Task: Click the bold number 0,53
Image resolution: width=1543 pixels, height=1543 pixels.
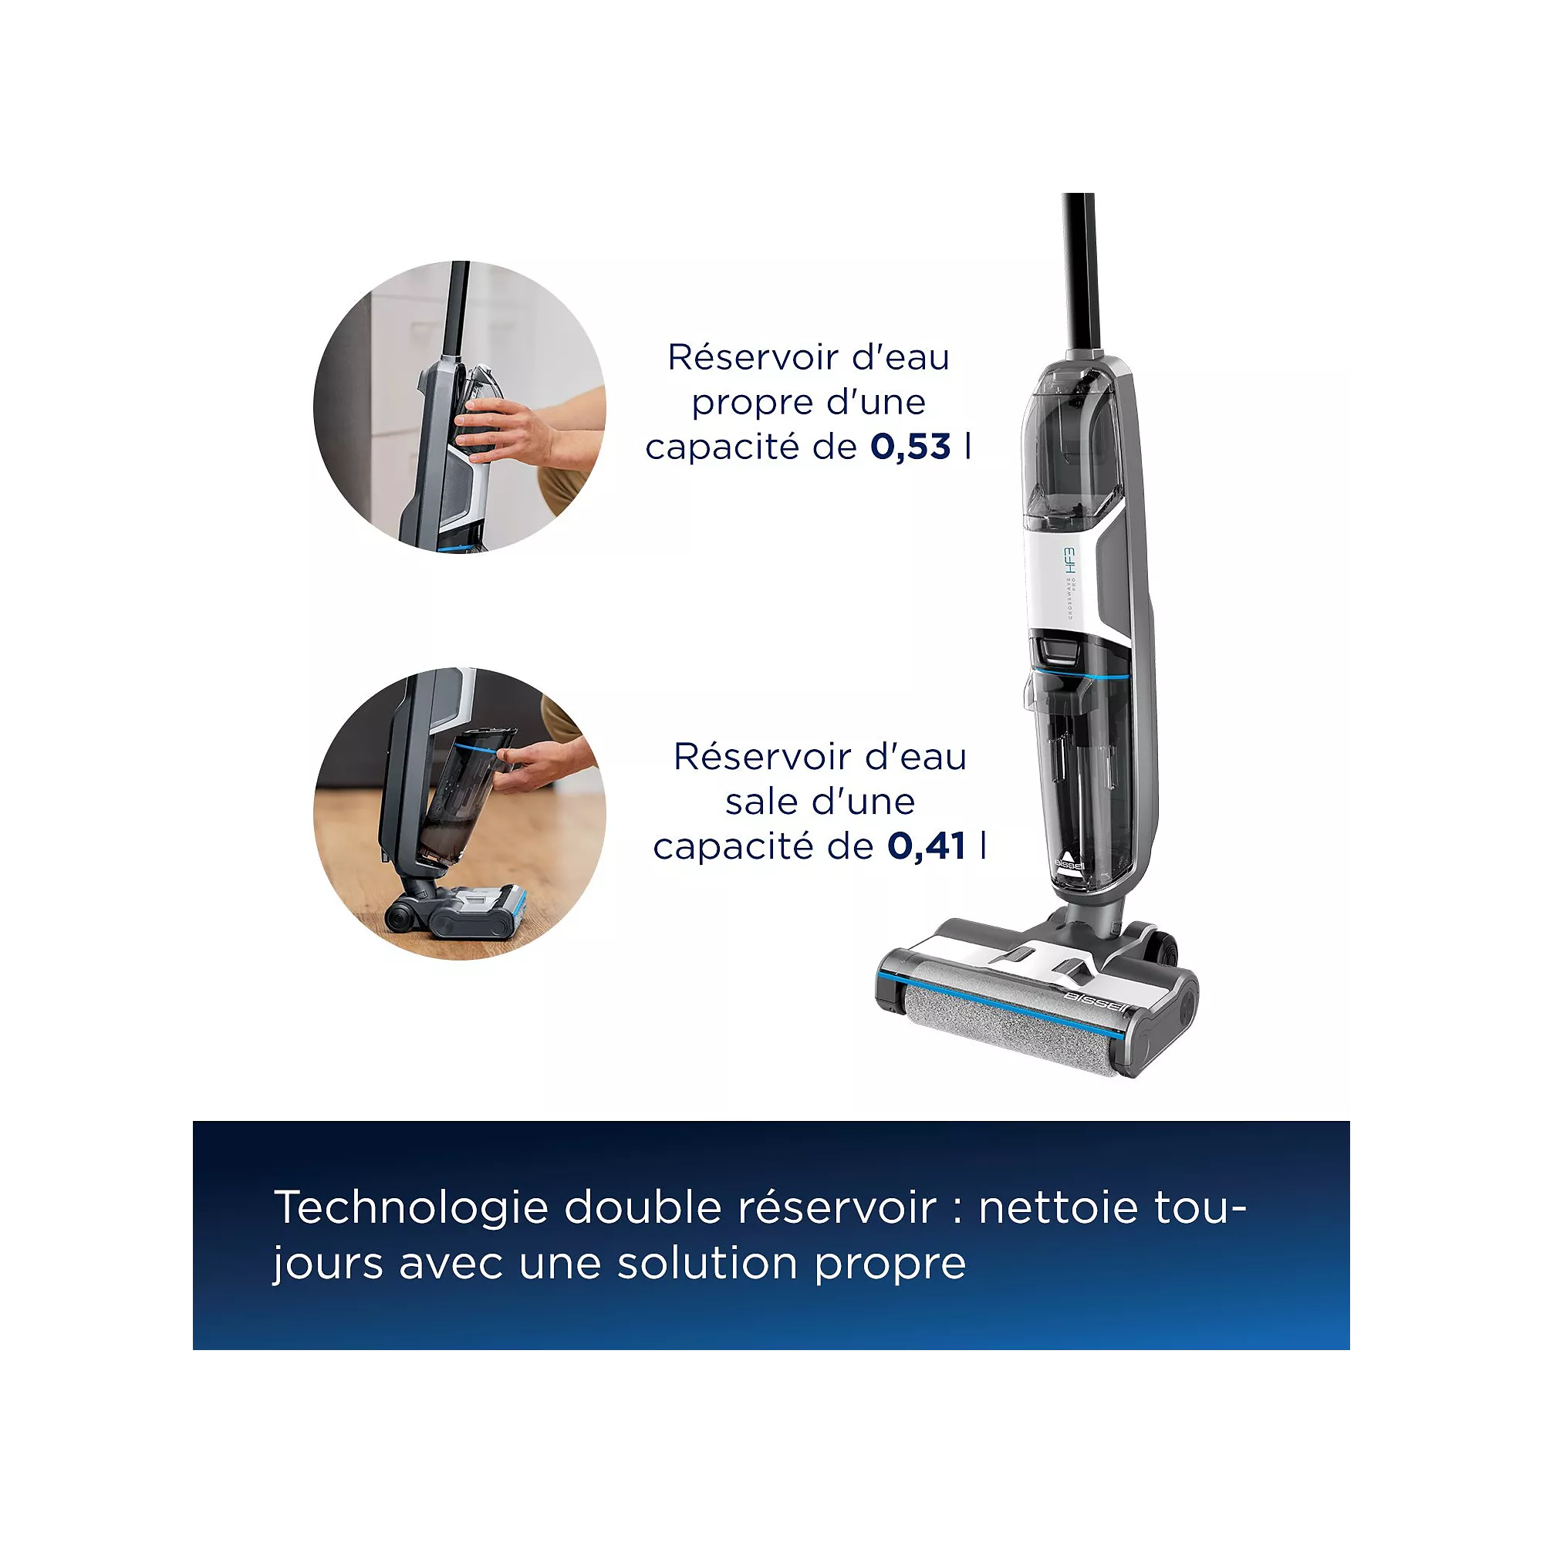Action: point(910,447)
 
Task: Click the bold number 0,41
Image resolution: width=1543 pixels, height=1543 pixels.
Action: point(927,846)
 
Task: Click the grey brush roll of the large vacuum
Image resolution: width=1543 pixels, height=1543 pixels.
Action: point(1011,1018)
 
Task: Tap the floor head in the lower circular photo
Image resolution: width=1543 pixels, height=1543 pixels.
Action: point(459,912)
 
